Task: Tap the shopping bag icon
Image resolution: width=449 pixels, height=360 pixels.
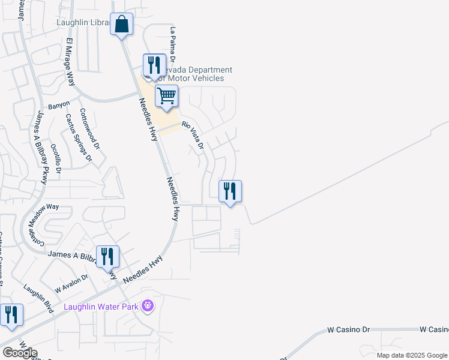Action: [121, 25]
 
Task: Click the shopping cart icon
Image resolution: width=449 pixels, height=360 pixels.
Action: [167, 96]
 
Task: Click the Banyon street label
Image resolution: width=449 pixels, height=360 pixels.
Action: [59, 105]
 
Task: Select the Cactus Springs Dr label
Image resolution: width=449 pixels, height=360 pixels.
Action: [79, 139]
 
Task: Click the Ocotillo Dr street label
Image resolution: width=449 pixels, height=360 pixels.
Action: [56, 158]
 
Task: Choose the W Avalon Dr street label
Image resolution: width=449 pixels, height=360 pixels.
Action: [71, 281]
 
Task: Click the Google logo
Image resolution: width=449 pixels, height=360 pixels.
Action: [19, 353]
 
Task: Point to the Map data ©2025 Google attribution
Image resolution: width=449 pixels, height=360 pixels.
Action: [411, 355]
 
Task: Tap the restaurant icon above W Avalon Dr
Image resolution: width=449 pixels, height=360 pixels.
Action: [108, 256]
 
